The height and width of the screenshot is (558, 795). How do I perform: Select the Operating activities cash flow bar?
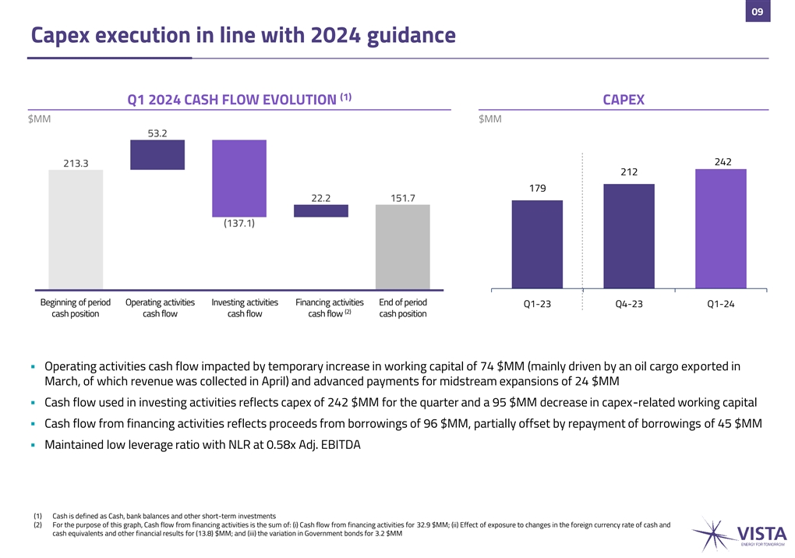pyautogui.click(x=157, y=154)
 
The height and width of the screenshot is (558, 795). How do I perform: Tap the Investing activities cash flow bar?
pyautogui.click(x=239, y=178)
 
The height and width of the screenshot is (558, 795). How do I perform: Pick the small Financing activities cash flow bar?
pyautogui.click(x=321, y=210)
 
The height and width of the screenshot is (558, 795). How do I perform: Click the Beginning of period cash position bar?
pyautogui.click(x=76, y=229)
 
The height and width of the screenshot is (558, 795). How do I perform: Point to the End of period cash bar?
pyautogui.click(x=403, y=246)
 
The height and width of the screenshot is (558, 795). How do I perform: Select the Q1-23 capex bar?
pyautogui.click(x=537, y=245)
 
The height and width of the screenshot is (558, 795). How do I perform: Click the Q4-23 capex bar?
pyautogui.click(x=629, y=236)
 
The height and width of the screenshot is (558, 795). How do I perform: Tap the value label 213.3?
pyautogui.click(x=76, y=163)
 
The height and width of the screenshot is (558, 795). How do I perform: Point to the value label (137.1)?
pyautogui.click(x=239, y=224)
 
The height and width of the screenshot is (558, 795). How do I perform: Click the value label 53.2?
pyautogui.click(x=157, y=133)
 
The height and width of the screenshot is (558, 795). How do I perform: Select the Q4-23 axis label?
pyautogui.click(x=629, y=304)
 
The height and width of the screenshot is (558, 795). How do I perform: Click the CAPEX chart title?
pyautogui.click(x=623, y=100)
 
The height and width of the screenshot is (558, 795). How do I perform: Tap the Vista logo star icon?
pyautogui.click(x=713, y=533)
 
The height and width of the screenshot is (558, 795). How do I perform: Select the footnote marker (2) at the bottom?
pyautogui.click(x=37, y=525)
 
